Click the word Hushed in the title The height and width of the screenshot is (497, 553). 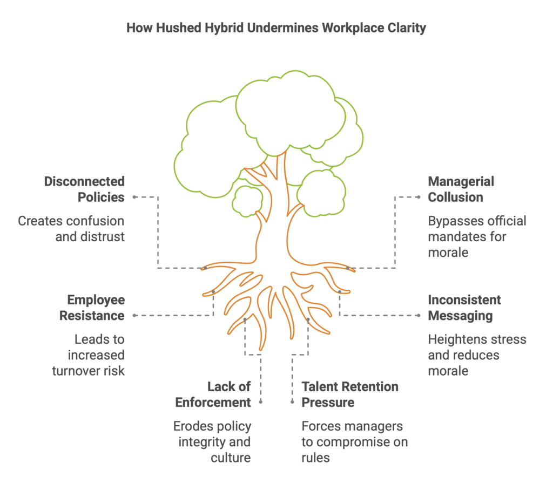click(x=175, y=28)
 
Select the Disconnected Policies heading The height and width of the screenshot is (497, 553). click(x=84, y=189)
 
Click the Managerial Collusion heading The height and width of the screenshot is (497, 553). click(x=461, y=189)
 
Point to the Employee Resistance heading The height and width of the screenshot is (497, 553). click(x=92, y=308)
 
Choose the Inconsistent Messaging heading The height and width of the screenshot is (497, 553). click(x=464, y=308)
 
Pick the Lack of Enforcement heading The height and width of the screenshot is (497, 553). click(x=230, y=394)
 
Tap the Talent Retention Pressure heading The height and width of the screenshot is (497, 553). click(x=350, y=394)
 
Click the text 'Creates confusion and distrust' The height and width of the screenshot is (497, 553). click(x=71, y=229)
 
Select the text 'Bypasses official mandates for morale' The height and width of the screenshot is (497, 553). click(x=477, y=236)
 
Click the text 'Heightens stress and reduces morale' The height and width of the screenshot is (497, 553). click(x=477, y=355)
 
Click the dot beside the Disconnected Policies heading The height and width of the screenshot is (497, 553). click(x=134, y=197)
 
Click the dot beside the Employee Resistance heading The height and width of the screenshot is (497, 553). click(x=134, y=315)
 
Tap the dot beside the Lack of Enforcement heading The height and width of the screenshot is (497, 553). click(x=261, y=402)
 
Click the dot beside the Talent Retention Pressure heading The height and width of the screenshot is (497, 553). click(x=292, y=402)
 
